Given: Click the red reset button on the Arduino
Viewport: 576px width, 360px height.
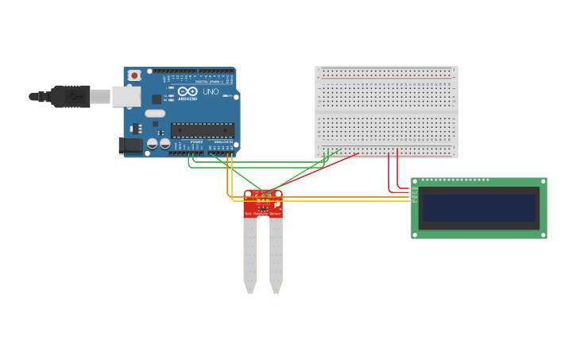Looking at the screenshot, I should [134, 75].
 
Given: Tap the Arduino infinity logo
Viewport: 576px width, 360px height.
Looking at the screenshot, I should [187, 91].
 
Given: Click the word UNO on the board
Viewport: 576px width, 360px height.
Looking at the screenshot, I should [211, 91].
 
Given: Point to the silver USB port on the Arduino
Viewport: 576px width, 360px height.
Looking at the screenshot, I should [126, 96].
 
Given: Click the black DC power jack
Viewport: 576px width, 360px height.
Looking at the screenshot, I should [130, 145].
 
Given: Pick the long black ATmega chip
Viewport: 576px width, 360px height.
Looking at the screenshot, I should [203, 130].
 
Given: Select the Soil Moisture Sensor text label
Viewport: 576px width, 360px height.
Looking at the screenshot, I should [263, 214].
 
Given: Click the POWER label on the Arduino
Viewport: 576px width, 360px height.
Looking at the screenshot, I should [196, 142].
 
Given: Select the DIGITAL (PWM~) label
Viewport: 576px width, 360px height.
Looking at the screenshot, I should [208, 82].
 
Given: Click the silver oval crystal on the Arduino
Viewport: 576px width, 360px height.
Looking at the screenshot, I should [156, 114].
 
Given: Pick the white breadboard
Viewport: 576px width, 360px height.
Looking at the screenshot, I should [386, 111].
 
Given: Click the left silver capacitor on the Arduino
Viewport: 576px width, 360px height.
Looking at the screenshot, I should [153, 144].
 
